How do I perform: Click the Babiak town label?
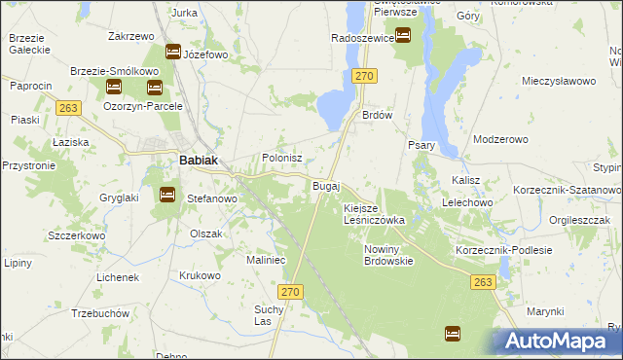[x=197, y=162]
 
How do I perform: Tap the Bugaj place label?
[x=325, y=185]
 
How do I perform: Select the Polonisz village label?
[x=283, y=158]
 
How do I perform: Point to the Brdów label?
[x=377, y=113]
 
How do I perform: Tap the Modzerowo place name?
[x=500, y=139]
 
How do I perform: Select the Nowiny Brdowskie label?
[x=388, y=254]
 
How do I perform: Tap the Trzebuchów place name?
[x=100, y=314]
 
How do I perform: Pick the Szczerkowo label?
[x=76, y=235]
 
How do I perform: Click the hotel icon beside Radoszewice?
[x=402, y=36]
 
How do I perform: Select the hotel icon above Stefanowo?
[x=166, y=195]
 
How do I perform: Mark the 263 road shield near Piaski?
[x=67, y=108]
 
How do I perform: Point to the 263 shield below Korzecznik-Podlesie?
[x=483, y=281]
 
